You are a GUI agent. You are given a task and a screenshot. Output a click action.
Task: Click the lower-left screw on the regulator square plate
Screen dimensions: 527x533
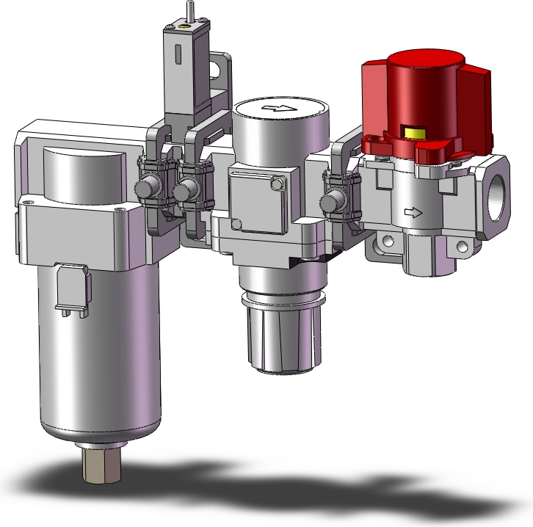[x=236, y=224]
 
